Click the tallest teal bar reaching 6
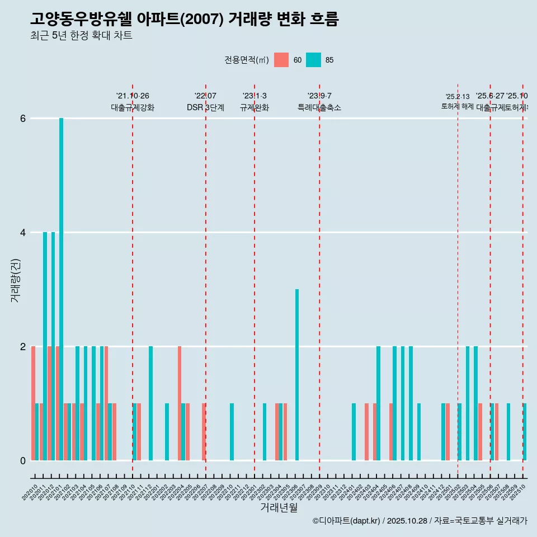click(x=61, y=289)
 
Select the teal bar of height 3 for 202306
click(x=297, y=375)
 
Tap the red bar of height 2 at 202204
click(x=180, y=403)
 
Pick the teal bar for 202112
click(x=150, y=403)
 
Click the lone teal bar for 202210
click(x=232, y=432)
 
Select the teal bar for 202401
click(x=354, y=432)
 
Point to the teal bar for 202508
click(x=508, y=432)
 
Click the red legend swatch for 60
click(x=281, y=60)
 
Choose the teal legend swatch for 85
click(x=314, y=60)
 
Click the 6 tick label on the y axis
click(x=22, y=118)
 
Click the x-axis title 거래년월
click(x=279, y=507)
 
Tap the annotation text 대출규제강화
click(x=133, y=107)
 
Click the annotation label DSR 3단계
click(x=206, y=107)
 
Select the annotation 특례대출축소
click(x=319, y=107)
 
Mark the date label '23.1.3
click(x=255, y=96)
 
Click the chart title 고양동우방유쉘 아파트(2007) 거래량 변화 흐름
click(x=185, y=19)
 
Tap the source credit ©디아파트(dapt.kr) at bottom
click(x=347, y=521)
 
